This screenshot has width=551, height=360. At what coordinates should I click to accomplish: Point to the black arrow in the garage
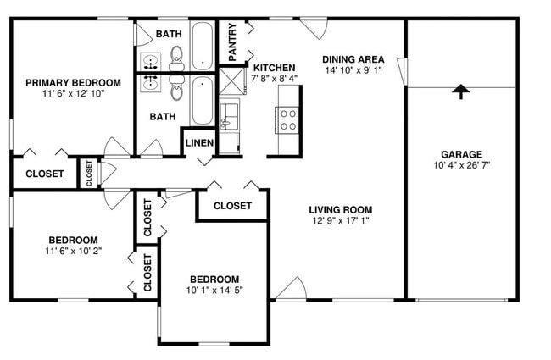[461, 91]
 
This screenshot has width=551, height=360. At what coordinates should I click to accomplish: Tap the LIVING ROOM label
[341, 209]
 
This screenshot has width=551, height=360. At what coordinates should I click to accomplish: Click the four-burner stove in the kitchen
[288, 119]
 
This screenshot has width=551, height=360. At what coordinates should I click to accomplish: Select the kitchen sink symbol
[229, 117]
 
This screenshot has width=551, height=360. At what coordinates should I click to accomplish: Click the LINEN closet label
[199, 142]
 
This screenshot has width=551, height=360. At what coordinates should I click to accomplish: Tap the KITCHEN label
[275, 68]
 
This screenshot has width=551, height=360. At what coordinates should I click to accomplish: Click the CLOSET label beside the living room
[231, 205]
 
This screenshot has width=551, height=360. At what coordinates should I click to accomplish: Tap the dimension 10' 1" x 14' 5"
[214, 291]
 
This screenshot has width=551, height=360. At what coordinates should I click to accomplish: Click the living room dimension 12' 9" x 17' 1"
[341, 221]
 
